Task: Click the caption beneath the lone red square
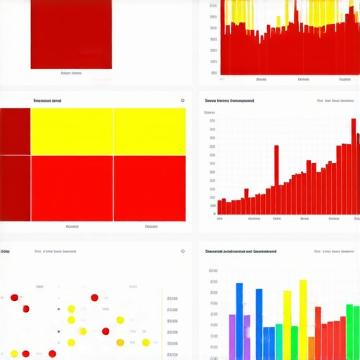71,72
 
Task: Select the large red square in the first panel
71,34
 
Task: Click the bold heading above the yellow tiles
47,101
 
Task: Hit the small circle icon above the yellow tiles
183,101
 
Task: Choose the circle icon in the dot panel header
183,251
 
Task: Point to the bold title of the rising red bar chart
230,101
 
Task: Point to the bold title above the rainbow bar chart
240,251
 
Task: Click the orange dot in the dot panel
120,342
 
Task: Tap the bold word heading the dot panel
6,251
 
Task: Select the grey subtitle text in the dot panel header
59,251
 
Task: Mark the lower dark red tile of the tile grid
15,188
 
